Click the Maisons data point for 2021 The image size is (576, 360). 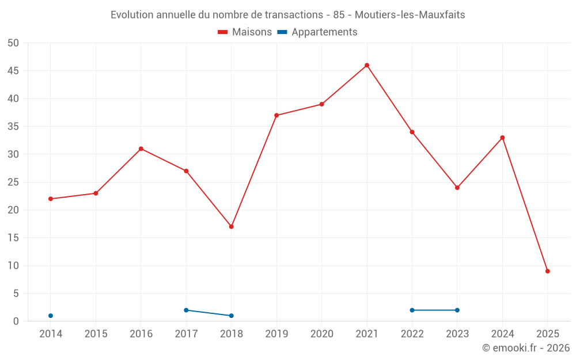(367, 65)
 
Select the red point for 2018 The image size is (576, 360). (231, 226)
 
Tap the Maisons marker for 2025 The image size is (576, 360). (547, 271)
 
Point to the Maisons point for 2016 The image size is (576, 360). (141, 149)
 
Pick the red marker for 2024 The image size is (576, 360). (502, 138)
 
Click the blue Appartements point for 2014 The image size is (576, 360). (51, 316)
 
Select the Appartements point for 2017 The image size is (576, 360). (186, 310)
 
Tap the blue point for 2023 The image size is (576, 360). (457, 310)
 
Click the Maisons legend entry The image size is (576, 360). (245, 32)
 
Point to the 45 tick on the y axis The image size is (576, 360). (13, 71)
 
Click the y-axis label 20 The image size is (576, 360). (13, 210)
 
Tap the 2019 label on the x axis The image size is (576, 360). (276, 334)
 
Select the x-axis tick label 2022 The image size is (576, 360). (412, 334)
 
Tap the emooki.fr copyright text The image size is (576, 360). (526, 348)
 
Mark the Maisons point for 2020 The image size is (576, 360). (322, 104)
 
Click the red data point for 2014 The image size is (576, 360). (51, 199)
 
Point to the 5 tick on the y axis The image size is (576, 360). (16, 294)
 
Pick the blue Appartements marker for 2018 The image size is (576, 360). (231, 316)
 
